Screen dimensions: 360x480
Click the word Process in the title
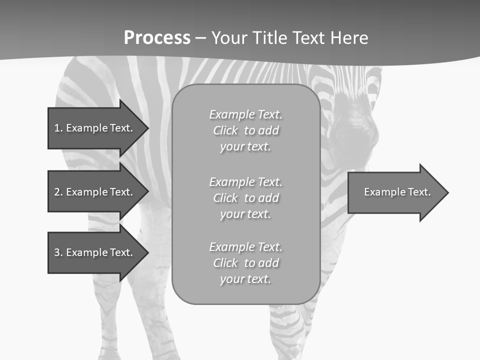157,38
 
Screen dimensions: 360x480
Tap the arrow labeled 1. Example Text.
95,128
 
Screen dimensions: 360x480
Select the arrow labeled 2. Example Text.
95,192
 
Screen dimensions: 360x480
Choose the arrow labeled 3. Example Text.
95,252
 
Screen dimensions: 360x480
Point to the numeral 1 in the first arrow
57,128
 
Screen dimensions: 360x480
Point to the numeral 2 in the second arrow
57,192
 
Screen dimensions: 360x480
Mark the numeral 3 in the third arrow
57,252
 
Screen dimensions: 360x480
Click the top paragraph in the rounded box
245,130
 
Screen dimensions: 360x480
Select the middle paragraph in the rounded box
245,198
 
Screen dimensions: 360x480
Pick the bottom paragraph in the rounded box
245,263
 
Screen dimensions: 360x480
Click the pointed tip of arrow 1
147,128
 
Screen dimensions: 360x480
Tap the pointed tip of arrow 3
147,252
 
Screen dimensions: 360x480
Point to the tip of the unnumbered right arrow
447,192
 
